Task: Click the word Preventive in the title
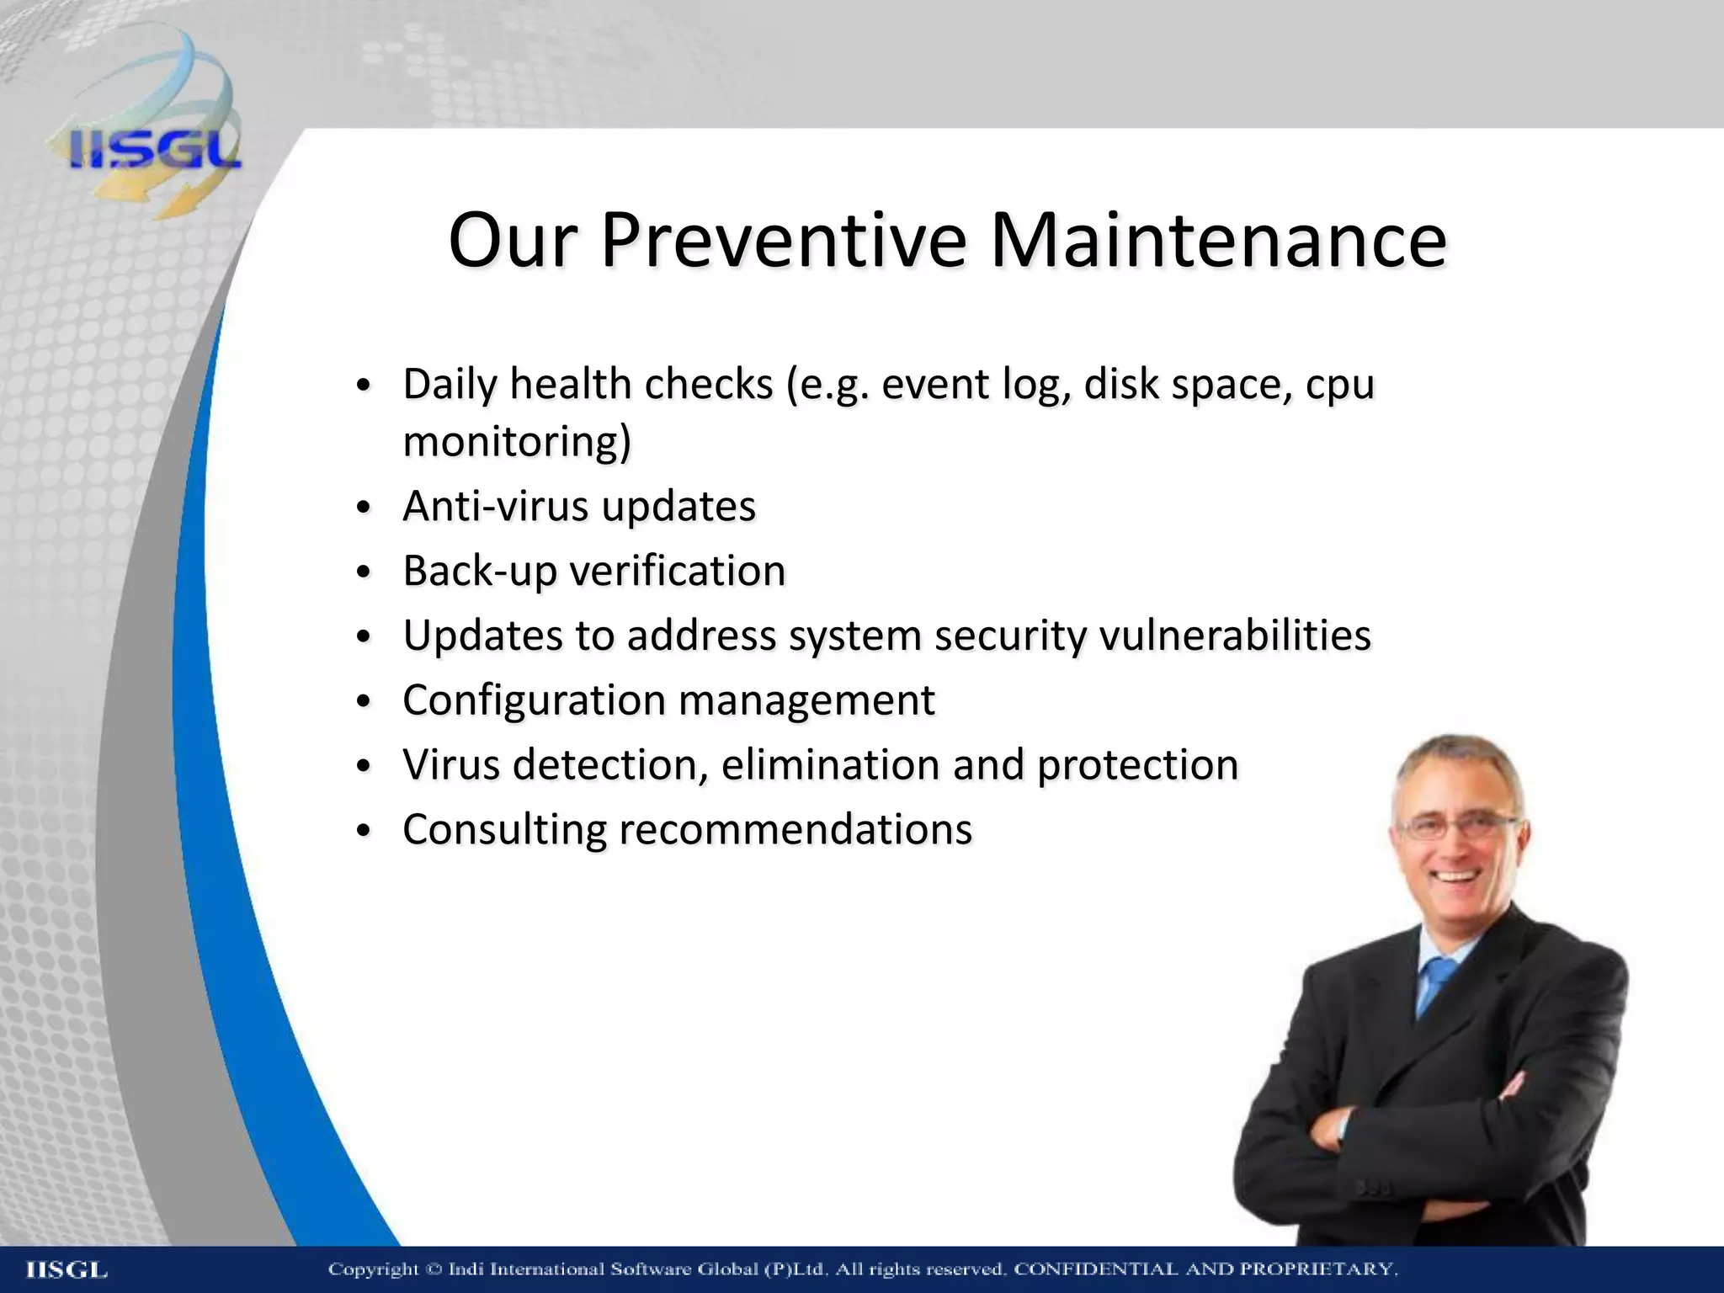783,241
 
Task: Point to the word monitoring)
517,442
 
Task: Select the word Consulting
504,829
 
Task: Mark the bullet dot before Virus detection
363,767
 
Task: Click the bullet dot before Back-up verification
363,573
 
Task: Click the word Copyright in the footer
373,1269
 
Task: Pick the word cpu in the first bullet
1340,385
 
